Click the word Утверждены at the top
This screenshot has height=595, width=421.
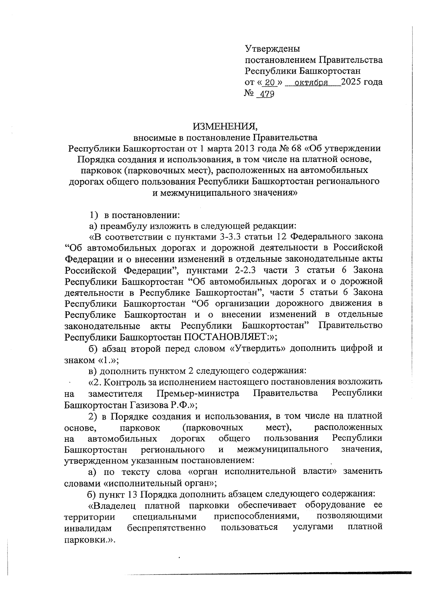tap(272, 49)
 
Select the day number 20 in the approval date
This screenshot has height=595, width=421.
tap(269, 83)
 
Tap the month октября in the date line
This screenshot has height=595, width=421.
tap(311, 83)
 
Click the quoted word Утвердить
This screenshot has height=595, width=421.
tap(257, 349)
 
